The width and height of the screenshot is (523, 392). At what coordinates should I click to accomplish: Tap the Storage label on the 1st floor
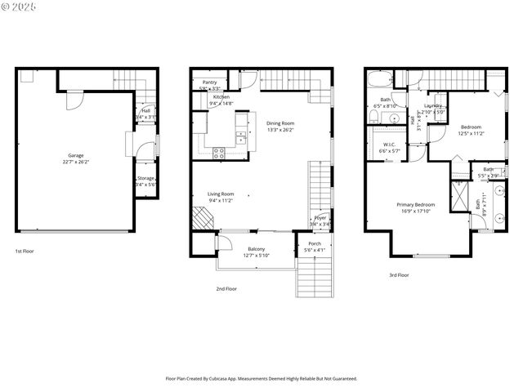[146, 178]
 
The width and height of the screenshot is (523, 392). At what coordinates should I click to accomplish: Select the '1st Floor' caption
[24, 252]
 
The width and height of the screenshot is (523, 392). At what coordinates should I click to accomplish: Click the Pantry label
[209, 82]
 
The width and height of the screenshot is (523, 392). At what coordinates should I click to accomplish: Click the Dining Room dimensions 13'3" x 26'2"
[280, 130]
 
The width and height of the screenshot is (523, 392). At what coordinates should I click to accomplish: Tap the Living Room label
[221, 194]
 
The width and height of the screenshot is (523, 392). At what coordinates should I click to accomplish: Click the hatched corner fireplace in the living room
[200, 218]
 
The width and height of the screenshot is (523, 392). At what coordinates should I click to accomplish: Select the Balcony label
[256, 248]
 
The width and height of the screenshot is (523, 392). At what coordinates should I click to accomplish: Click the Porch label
[314, 243]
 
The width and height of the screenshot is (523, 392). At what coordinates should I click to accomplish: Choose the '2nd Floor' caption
[226, 288]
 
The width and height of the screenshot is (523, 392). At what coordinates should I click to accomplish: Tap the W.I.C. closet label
[389, 145]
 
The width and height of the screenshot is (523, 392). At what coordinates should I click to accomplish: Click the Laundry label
[433, 105]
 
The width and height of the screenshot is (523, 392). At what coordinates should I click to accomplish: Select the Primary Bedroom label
[416, 204]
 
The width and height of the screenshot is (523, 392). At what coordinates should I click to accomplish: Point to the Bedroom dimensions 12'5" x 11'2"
[471, 133]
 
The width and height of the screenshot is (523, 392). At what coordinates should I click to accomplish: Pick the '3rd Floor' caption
[398, 275]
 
